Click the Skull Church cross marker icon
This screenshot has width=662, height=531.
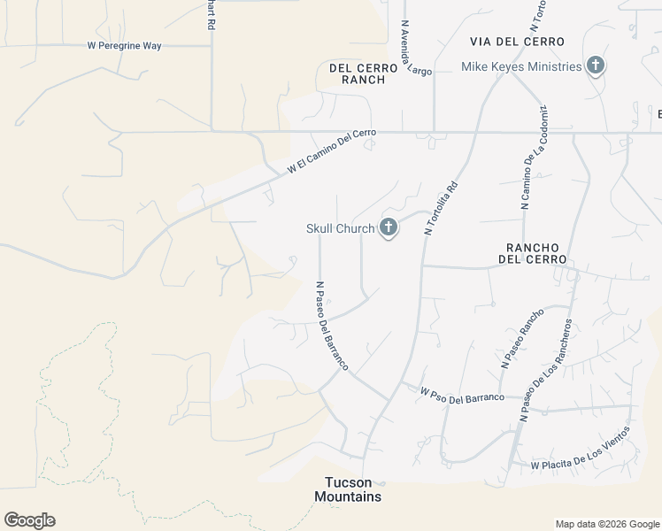point(388,228)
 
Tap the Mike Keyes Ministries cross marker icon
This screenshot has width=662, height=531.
point(596,65)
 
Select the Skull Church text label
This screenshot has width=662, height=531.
point(341,228)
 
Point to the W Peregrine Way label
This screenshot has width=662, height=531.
point(124,45)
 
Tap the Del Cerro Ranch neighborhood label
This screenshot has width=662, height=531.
point(358,73)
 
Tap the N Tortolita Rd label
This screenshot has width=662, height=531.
point(443,207)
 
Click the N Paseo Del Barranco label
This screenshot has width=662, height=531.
point(332,326)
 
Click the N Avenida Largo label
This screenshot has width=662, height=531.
point(415,48)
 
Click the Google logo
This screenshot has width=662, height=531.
point(29,520)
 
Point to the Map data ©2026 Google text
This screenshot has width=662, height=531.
point(607,524)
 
